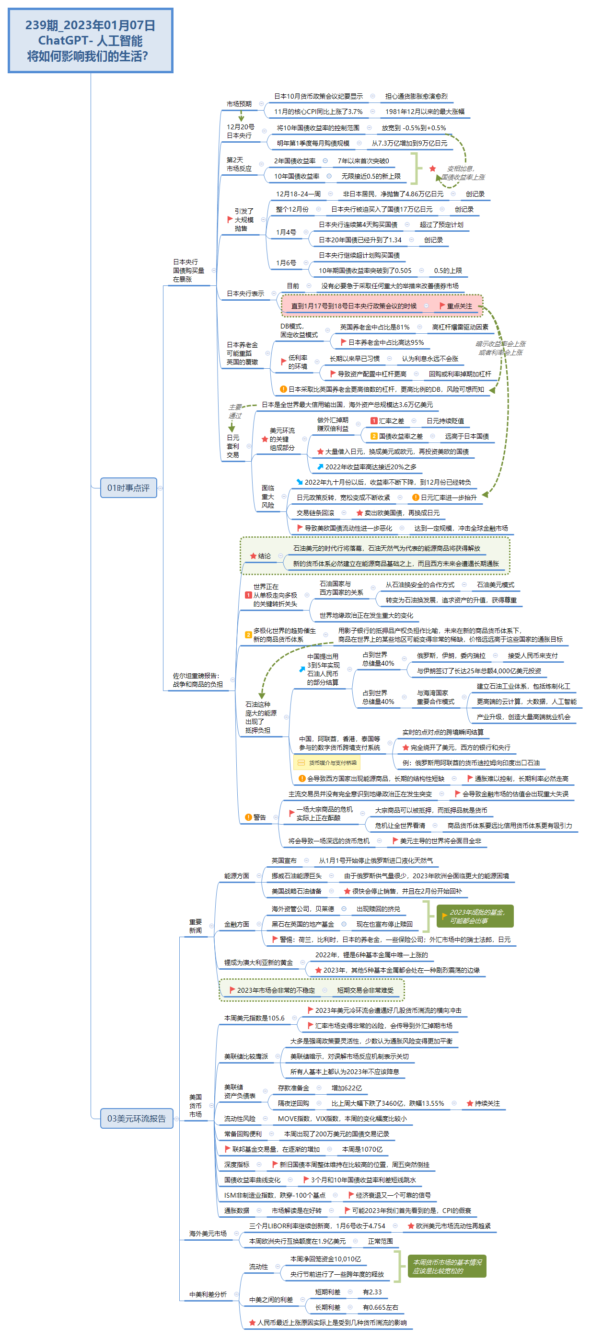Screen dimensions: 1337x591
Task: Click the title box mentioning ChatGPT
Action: [91, 41]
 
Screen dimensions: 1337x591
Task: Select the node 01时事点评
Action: [128, 487]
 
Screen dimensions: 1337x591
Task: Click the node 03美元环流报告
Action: [136, 1118]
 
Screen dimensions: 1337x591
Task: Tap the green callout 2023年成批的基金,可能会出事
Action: [475, 916]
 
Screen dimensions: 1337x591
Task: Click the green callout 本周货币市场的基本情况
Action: [447, 1266]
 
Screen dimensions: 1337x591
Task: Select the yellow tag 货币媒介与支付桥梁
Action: [327, 762]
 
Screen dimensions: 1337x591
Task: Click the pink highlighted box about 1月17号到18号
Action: [382, 306]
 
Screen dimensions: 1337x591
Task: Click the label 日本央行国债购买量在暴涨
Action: [188, 271]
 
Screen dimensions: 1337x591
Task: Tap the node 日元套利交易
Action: [232, 446]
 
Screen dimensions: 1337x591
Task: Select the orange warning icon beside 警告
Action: [248, 817]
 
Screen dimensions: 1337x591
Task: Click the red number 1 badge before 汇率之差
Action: [373, 421]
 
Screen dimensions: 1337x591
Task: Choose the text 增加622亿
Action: [347, 1088]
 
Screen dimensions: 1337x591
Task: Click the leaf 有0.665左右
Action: [380, 1307]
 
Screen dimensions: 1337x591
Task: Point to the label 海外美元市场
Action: [207, 1233]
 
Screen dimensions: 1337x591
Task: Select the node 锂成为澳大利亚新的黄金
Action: [258, 962]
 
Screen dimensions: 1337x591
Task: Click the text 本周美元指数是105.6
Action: [254, 1018]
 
